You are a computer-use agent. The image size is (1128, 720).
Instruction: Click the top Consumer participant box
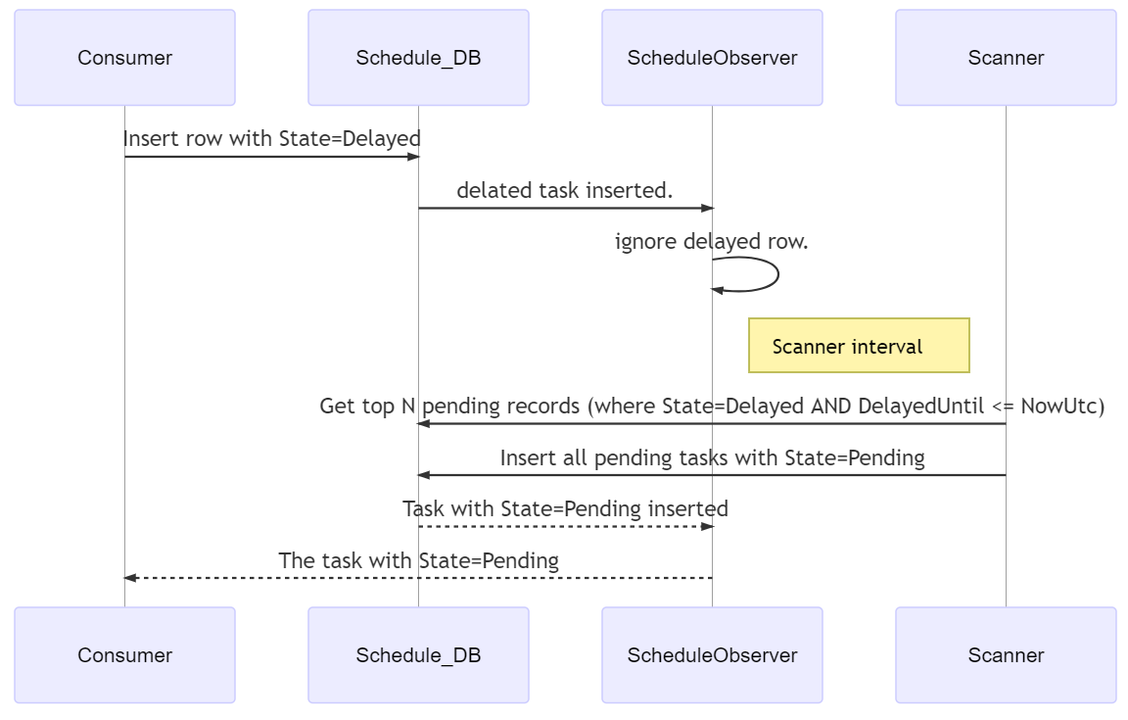click(x=124, y=58)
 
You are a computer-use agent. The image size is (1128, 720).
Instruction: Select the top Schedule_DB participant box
click(x=418, y=58)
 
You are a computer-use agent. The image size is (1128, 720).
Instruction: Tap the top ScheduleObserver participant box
click(x=712, y=58)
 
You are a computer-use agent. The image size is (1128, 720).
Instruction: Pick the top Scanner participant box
click(x=1006, y=58)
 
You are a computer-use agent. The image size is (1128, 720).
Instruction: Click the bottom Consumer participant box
click(x=124, y=655)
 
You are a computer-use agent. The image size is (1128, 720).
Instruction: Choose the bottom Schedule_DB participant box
click(x=418, y=655)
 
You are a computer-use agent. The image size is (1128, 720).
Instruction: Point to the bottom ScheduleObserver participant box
click(x=712, y=655)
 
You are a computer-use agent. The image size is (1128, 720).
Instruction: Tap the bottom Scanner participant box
click(x=1006, y=655)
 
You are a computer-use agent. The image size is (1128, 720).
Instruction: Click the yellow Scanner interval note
click(x=859, y=346)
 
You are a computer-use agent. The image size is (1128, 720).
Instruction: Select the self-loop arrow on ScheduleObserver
click(x=777, y=274)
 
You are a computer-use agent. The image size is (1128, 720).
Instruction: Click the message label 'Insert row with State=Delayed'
click(x=272, y=138)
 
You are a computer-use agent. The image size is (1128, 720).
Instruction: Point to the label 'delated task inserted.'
click(x=565, y=190)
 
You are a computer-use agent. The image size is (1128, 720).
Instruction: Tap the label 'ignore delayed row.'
click(x=712, y=241)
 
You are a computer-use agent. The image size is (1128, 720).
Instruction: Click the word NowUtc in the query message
click(x=1062, y=407)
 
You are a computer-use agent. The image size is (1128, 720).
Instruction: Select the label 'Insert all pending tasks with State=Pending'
click(x=712, y=457)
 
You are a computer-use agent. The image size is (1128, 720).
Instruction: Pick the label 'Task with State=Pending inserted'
click(x=565, y=509)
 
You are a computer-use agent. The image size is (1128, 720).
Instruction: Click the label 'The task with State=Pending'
click(x=419, y=560)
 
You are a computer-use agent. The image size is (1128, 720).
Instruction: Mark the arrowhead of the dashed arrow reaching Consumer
click(x=130, y=577)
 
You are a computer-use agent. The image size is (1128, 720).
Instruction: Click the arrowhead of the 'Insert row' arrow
click(x=413, y=156)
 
